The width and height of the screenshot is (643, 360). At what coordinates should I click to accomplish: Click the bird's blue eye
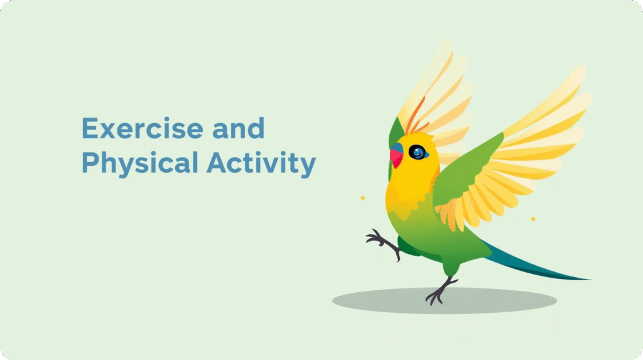point(417,152)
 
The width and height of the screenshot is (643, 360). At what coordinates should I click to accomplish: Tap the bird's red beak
point(397,158)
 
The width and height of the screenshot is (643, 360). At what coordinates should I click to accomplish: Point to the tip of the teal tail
point(587,279)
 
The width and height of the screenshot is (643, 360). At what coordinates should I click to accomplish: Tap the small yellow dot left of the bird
point(362,198)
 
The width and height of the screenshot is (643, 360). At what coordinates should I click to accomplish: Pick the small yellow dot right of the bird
point(532,219)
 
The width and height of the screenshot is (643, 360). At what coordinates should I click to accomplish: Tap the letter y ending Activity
point(308,166)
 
